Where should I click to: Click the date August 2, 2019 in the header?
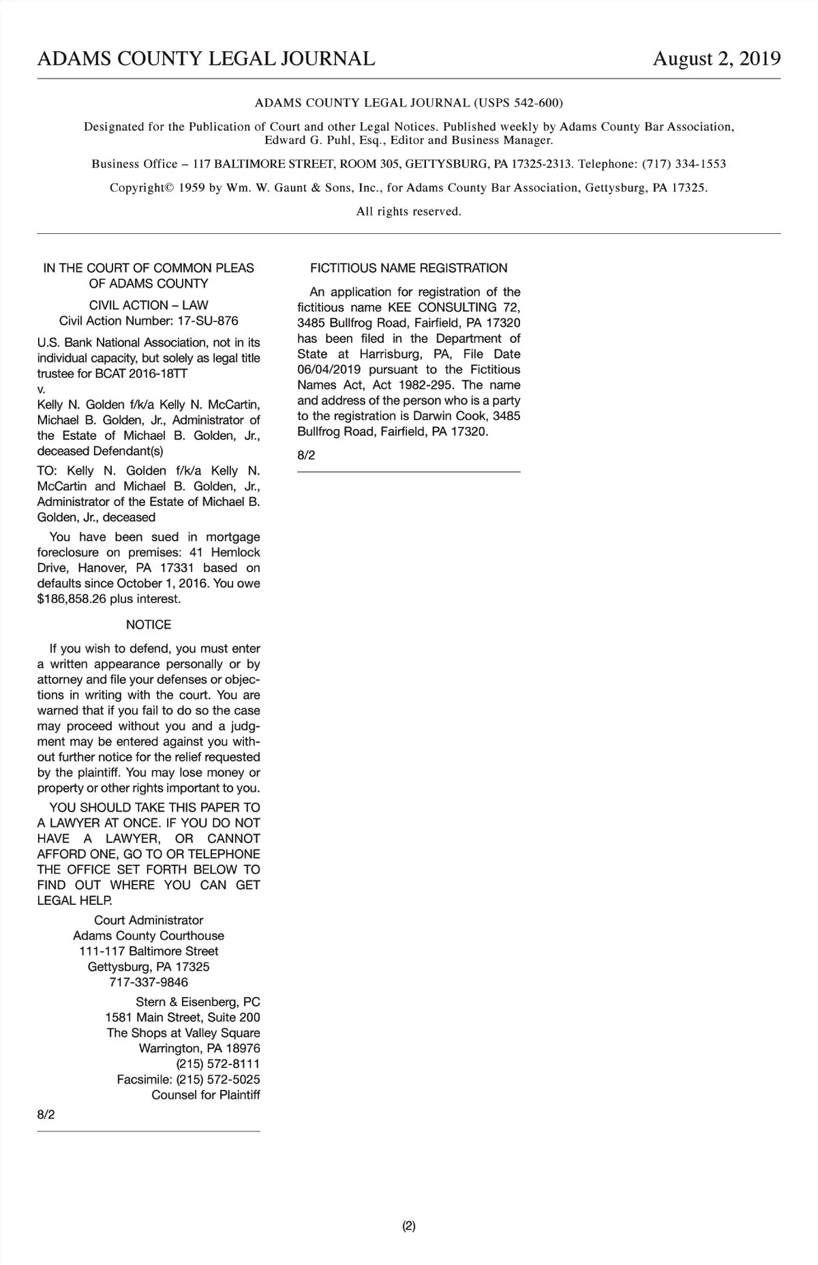(x=716, y=59)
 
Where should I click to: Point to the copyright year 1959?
(x=192, y=188)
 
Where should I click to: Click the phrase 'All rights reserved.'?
(x=408, y=211)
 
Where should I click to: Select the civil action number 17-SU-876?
(x=207, y=321)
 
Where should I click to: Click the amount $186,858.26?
(x=72, y=599)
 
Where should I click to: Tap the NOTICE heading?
(x=149, y=625)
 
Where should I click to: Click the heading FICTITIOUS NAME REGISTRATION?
(x=408, y=268)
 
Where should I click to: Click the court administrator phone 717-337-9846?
(x=149, y=982)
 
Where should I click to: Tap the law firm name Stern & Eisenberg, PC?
(x=198, y=1002)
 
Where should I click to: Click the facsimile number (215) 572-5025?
(x=217, y=1080)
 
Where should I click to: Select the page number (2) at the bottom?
(x=408, y=1226)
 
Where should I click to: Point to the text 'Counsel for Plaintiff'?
(x=205, y=1095)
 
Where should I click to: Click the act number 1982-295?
(x=427, y=385)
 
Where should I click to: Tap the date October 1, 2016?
(x=163, y=584)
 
